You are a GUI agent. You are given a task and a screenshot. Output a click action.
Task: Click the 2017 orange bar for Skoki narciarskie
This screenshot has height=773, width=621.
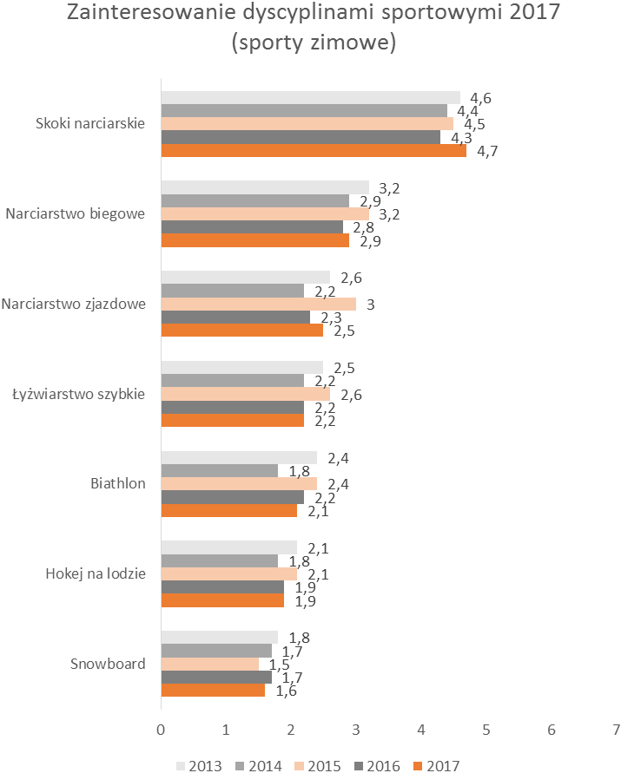314,150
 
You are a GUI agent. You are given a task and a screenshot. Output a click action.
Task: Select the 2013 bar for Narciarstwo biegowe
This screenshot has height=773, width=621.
265,187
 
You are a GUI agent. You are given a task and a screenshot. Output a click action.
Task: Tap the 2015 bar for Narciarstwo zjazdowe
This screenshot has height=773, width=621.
259,304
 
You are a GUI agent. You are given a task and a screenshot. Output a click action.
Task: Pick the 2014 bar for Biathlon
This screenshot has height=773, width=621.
220,471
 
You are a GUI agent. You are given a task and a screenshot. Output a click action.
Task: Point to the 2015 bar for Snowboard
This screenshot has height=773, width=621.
210,664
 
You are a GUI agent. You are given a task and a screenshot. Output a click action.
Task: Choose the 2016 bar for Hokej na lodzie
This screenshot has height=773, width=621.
223,587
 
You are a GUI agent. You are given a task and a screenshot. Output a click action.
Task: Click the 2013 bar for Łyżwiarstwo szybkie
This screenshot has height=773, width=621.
242,367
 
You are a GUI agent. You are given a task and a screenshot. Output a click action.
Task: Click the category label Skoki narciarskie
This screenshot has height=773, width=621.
90,123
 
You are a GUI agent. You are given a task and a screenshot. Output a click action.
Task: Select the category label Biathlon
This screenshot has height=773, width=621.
117,482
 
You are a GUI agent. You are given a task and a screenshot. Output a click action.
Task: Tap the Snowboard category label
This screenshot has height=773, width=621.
107,665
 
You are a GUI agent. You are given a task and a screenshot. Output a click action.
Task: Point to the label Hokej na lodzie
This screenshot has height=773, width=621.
96,573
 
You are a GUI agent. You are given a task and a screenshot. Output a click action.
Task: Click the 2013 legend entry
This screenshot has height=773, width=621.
199,765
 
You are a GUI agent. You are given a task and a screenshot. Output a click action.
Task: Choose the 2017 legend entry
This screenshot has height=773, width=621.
436,765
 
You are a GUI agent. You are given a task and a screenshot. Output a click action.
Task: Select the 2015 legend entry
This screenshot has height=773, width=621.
318,765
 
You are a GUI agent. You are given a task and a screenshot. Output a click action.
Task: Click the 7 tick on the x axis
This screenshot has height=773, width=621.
616,730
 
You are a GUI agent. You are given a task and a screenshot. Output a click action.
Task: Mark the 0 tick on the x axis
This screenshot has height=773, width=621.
161,730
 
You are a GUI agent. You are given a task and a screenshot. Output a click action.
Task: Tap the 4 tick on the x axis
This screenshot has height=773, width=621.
421,730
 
